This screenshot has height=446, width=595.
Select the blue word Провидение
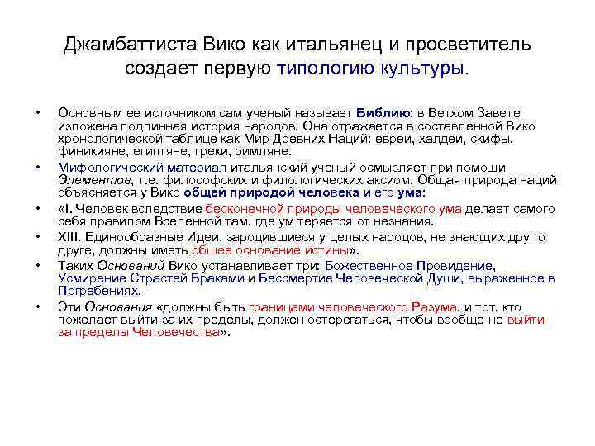pyautogui.click(x=454, y=266)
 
